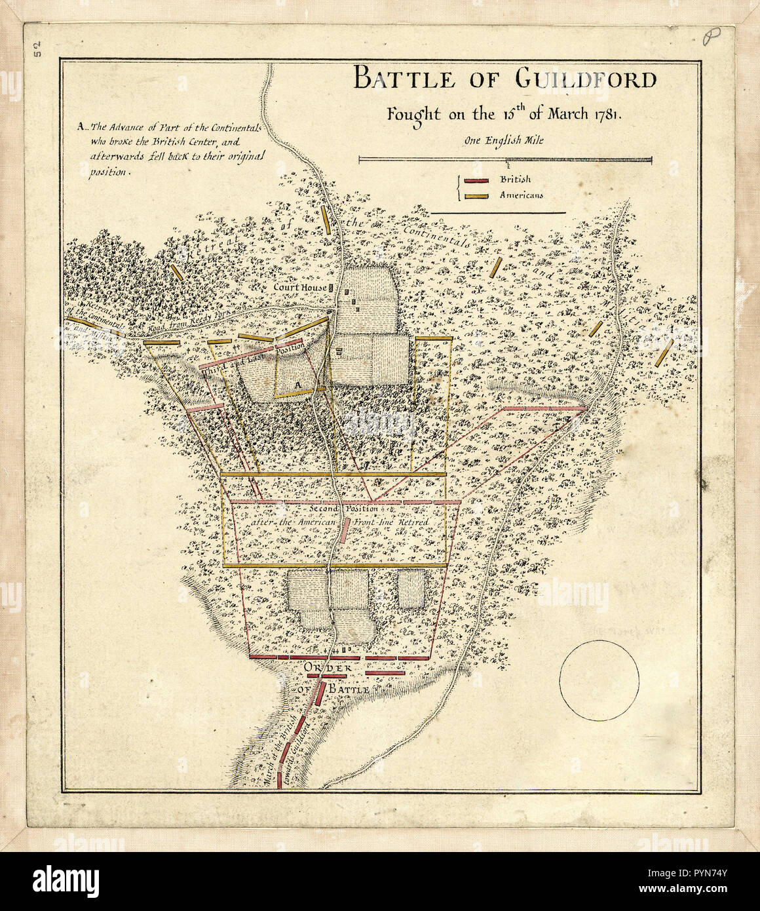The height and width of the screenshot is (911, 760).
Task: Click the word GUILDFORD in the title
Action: tap(586, 79)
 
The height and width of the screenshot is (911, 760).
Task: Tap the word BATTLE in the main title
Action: tap(403, 79)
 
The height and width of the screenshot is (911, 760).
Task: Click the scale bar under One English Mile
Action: tap(504, 159)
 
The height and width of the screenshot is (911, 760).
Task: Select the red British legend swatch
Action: tap(476, 181)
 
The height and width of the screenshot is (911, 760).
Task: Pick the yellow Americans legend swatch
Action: tap(476, 195)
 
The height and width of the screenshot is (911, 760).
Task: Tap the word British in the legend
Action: tap(515, 180)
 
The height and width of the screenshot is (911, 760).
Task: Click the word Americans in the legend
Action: tap(522, 195)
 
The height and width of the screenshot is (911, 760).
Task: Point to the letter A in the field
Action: tap(296, 384)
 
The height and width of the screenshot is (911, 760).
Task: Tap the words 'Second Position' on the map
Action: tap(343, 509)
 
